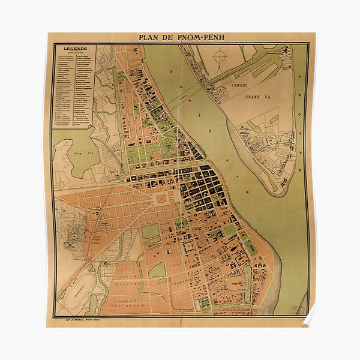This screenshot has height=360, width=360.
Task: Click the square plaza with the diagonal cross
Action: click(x=163, y=197)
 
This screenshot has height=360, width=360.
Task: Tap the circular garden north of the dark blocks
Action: click(x=170, y=143)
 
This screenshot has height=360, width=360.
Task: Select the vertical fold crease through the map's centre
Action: click(x=179, y=180)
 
